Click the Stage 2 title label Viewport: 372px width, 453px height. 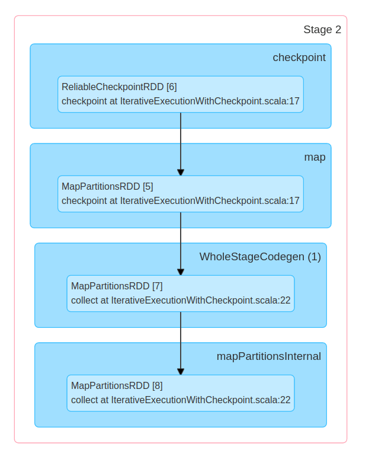322,30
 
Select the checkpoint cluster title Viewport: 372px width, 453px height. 299,58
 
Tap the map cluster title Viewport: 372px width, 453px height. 315,157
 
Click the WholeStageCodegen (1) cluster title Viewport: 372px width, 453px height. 259,257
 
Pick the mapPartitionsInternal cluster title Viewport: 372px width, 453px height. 268,356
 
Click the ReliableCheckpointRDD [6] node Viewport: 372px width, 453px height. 181,94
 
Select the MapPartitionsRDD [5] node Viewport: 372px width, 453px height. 181,194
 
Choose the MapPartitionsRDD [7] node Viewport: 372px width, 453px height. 181,294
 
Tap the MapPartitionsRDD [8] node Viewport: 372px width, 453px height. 181,393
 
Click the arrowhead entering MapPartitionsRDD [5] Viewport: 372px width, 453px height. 181,172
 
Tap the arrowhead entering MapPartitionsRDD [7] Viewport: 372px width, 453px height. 181,272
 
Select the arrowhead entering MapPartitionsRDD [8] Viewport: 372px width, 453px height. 181,371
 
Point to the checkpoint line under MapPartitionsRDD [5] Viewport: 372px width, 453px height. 181,201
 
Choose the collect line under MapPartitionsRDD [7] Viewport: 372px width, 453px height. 181,301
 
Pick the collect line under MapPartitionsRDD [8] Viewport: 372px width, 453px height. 181,400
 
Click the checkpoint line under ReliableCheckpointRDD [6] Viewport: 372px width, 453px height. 181,101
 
